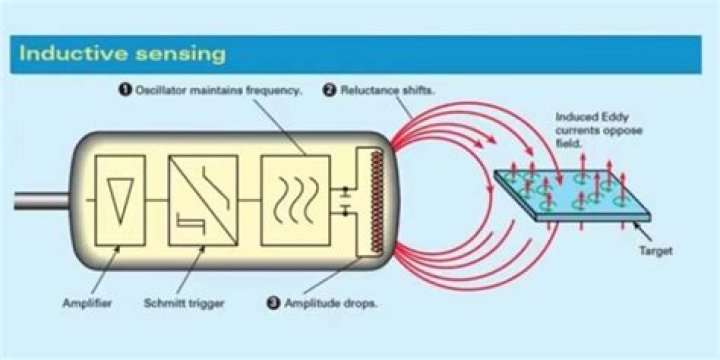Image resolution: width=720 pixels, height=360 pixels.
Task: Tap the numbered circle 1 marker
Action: pyautogui.click(x=124, y=90)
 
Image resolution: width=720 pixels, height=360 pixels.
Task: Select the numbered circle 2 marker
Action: pyautogui.click(x=329, y=90)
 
